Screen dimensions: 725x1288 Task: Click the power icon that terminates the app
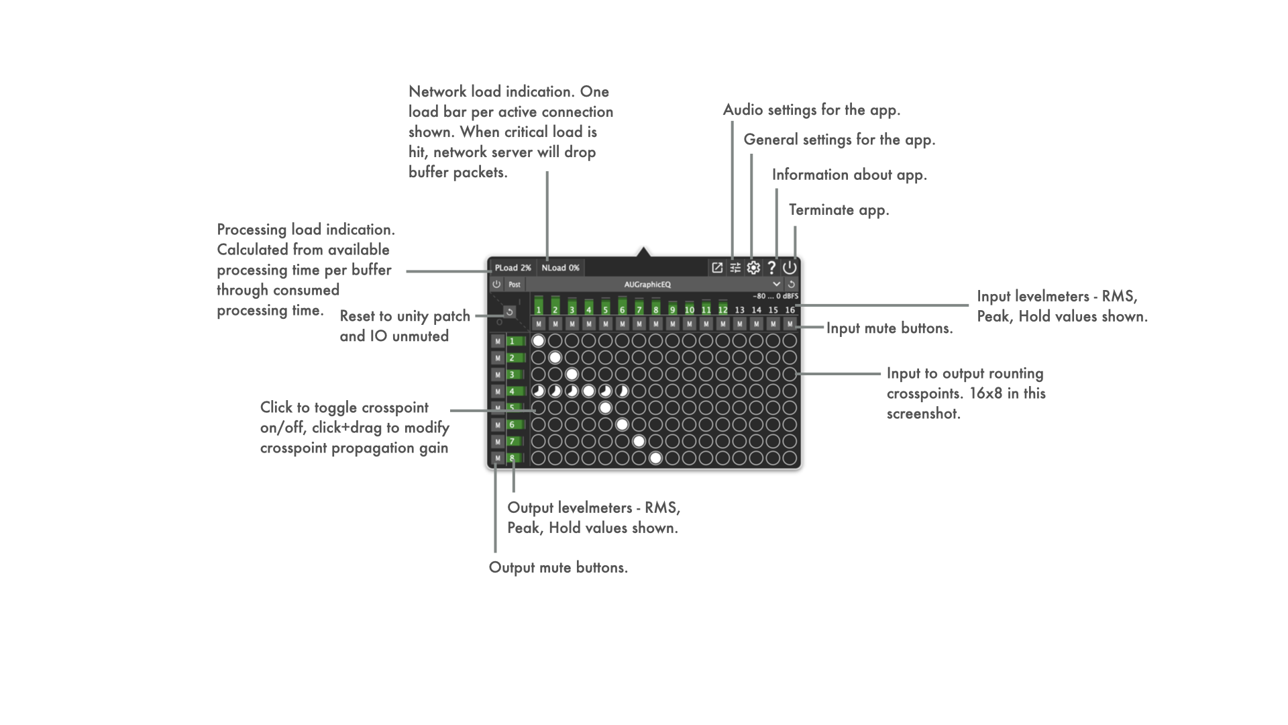[x=790, y=268]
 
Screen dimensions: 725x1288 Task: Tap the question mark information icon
[x=771, y=268]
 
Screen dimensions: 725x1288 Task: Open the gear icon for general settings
[x=753, y=268]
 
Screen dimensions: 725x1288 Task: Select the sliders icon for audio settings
[x=735, y=268]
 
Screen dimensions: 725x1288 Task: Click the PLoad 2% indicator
[x=513, y=268]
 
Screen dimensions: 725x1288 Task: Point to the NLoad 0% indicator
[x=560, y=268]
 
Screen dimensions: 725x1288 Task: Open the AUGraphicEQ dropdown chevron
[x=776, y=285]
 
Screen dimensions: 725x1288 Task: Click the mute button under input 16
[x=790, y=324]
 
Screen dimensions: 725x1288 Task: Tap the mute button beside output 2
[x=498, y=358]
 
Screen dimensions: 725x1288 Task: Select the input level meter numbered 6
[x=622, y=305]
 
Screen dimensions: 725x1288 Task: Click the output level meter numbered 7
[x=515, y=442]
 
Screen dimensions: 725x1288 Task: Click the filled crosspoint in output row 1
[x=538, y=341]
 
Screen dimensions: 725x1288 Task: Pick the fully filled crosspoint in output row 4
[x=588, y=391]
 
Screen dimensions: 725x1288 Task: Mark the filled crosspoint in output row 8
[x=655, y=458]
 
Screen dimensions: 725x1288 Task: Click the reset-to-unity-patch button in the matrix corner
[x=510, y=312]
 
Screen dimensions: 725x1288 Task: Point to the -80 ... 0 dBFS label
[x=775, y=296]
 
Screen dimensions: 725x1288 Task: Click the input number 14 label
[x=756, y=310]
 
